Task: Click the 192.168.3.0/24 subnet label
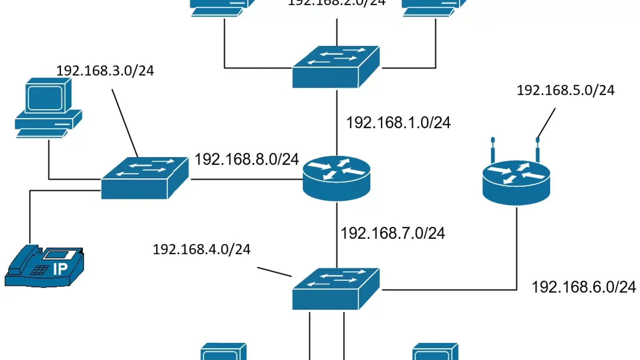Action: [105, 71]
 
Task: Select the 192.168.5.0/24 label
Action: [565, 90]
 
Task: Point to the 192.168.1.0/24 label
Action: [398, 123]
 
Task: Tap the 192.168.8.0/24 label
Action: [246, 160]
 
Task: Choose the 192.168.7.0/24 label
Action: [392, 233]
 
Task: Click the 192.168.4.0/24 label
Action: [201, 250]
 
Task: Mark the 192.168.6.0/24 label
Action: [583, 287]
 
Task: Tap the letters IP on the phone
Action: [60, 269]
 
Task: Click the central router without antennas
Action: [336, 178]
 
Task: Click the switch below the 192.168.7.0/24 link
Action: [336, 289]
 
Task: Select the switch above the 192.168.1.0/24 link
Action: [336, 67]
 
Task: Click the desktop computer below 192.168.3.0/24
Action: [48, 108]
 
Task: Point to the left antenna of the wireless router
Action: [493, 150]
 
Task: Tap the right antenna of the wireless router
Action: [538, 150]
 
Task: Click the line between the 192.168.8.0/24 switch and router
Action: [246, 179]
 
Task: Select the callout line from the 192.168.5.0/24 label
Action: [546, 123]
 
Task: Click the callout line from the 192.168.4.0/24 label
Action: [274, 272]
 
